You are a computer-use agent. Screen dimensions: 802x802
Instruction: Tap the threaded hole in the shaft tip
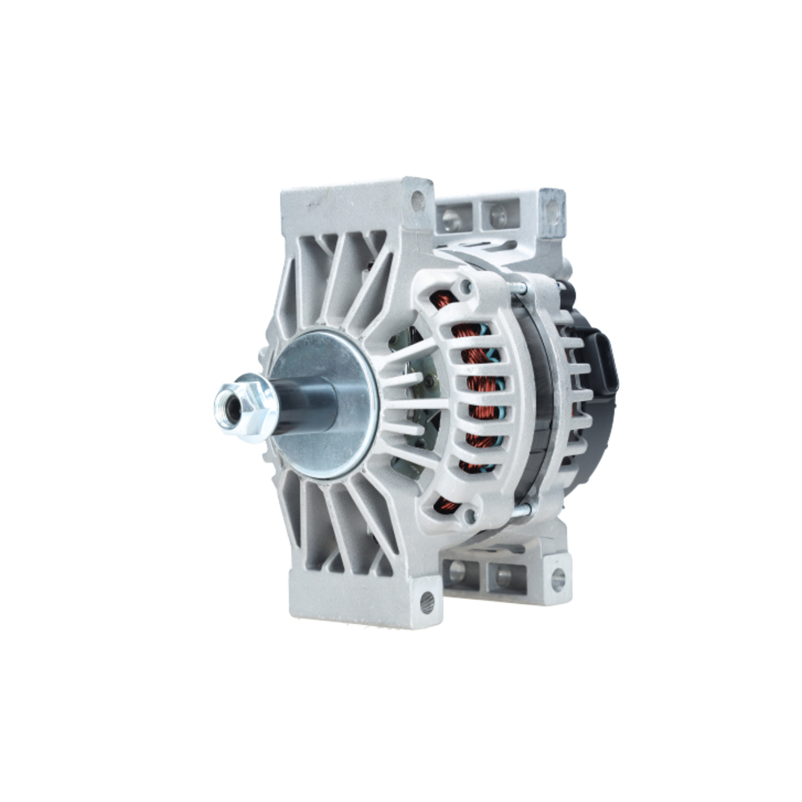click(229, 406)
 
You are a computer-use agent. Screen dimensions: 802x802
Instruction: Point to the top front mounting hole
click(418, 200)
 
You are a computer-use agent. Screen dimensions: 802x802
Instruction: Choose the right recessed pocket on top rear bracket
click(497, 214)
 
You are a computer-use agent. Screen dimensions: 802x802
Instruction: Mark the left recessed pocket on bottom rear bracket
click(458, 571)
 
